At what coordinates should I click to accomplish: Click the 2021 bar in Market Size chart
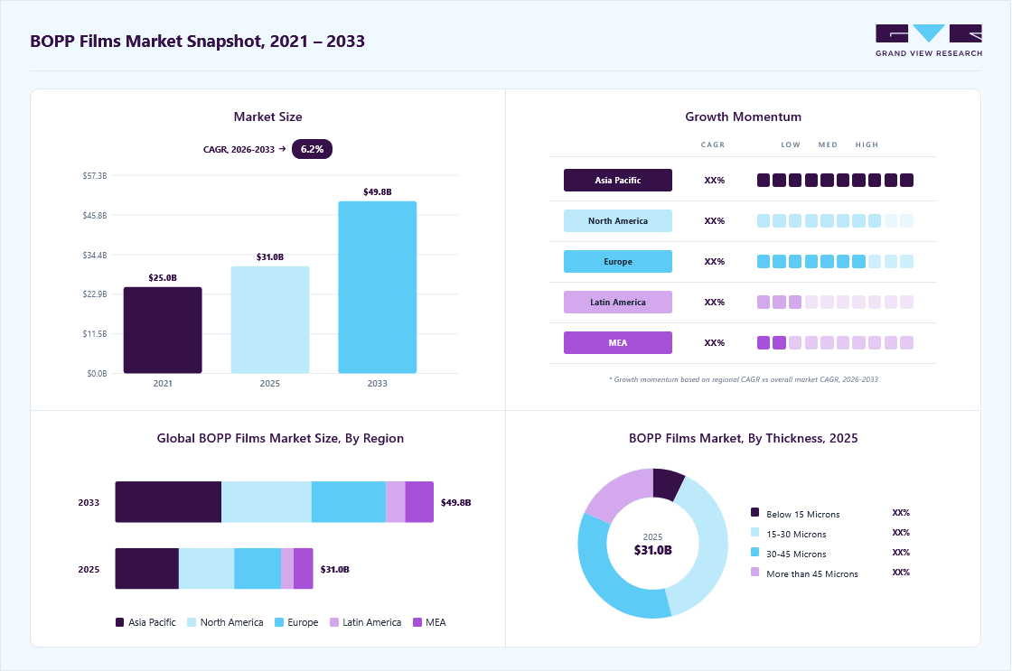(x=163, y=331)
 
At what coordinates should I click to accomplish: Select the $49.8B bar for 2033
(x=378, y=287)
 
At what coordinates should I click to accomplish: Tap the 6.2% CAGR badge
(x=312, y=149)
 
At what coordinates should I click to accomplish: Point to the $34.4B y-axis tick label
(x=95, y=255)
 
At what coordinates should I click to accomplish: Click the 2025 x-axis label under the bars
(x=270, y=383)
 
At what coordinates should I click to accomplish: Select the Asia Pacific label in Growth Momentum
(x=618, y=180)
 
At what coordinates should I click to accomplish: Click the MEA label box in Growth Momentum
(x=618, y=342)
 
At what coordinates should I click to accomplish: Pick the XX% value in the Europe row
(x=715, y=261)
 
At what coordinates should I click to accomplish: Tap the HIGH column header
(x=867, y=144)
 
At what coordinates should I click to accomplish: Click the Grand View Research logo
(x=929, y=40)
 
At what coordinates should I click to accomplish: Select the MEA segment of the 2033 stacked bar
(x=419, y=502)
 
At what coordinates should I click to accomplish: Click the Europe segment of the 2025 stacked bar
(x=258, y=568)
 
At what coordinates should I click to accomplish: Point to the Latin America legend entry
(x=365, y=622)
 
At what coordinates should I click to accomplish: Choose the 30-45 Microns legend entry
(x=789, y=554)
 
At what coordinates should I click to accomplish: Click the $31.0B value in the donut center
(x=653, y=550)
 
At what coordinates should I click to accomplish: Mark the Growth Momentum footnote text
(x=744, y=379)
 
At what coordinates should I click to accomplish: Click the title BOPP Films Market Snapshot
(x=198, y=42)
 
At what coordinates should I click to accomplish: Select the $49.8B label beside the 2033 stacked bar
(x=456, y=503)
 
